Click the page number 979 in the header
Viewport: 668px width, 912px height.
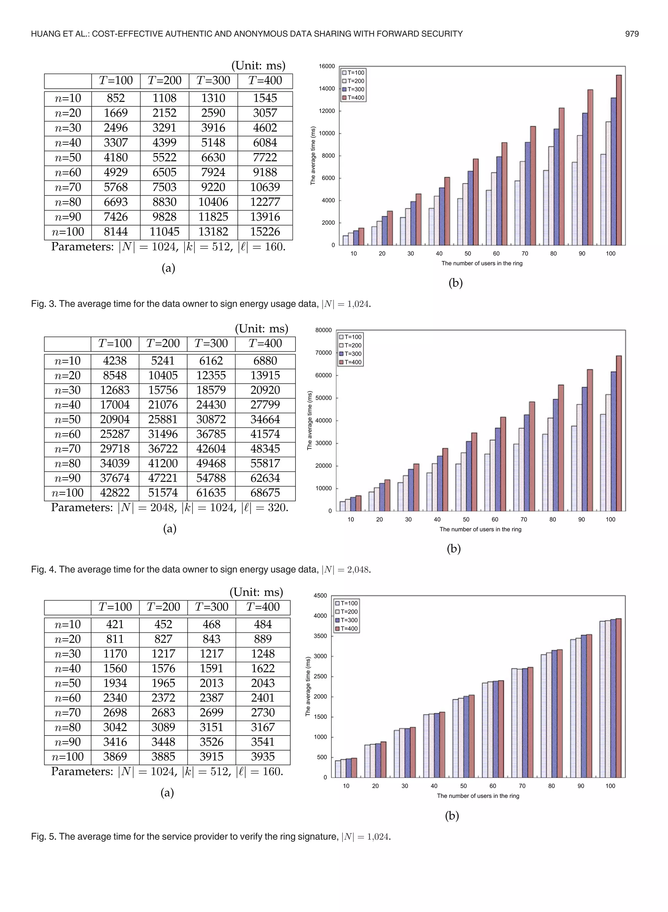631,34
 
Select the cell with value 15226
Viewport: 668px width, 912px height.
265,232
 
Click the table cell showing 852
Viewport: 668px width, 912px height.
116,98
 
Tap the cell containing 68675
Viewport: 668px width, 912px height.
265,493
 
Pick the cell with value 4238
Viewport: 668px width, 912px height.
115,361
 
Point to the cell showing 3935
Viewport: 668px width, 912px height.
263,757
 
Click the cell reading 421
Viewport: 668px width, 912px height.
115,625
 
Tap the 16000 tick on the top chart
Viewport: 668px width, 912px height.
327,66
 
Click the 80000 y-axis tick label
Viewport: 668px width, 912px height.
324,330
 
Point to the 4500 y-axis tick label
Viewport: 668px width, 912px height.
320,596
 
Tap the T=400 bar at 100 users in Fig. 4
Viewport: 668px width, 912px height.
619,433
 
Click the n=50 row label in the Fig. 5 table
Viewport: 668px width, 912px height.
68,684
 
